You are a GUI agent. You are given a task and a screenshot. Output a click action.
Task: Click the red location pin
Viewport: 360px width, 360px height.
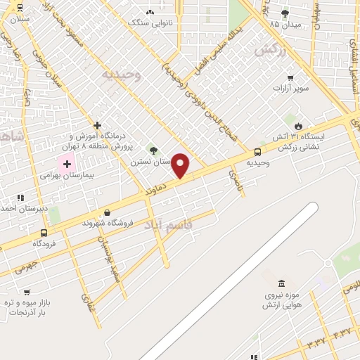pyautogui.click(x=181, y=166)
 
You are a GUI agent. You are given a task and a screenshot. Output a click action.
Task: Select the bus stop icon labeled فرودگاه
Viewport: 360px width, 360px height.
pyautogui.click(x=44, y=233)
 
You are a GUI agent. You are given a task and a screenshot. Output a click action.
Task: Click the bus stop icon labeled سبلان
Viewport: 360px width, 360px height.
pyautogui.click(x=18, y=8)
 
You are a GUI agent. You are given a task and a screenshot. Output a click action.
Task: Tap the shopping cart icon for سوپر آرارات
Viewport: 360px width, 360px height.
pyautogui.click(x=290, y=78)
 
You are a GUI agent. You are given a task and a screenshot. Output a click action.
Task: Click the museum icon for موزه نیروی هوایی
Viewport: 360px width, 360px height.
pyautogui.click(x=282, y=283)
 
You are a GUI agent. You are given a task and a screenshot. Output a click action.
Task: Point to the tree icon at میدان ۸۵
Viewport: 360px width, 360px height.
pyautogui.click(x=285, y=13)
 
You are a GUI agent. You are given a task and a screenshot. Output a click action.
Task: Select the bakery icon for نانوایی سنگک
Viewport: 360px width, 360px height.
pyautogui.click(x=149, y=13)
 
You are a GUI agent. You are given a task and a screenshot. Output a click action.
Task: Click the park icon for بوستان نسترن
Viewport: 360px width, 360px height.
pyautogui.click(x=153, y=149)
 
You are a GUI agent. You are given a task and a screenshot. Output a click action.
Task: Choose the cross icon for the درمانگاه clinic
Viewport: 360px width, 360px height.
pyautogui.click(x=97, y=125)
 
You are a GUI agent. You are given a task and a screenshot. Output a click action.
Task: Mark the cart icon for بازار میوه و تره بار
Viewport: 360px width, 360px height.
pyautogui.click(x=27, y=292)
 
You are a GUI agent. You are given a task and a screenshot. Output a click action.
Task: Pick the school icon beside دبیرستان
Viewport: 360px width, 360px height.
pyautogui.click(x=20, y=198)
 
